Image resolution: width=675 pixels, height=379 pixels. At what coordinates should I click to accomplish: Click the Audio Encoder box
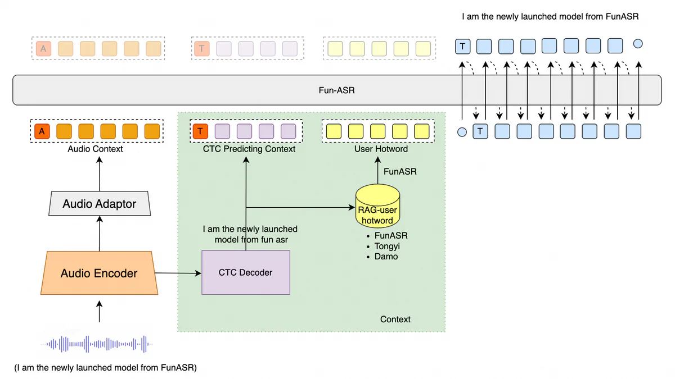pyautogui.click(x=99, y=273)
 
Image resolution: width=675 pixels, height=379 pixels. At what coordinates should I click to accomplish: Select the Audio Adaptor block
pyautogui.click(x=100, y=203)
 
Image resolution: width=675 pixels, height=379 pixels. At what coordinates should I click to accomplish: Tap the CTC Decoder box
pyautogui.click(x=245, y=272)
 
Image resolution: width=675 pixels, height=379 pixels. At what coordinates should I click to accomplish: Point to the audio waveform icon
pyautogui.click(x=99, y=344)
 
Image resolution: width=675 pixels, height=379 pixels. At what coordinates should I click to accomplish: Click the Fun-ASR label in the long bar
pyautogui.click(x=336, y=90)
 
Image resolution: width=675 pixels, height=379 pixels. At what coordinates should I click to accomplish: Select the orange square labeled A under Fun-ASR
pyautogui.click(x=41, y=131)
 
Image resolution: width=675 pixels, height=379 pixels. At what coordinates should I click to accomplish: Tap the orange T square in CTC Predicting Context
pyautogui.click(x=200, y=131)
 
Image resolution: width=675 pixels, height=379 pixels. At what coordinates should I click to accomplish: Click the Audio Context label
pyautogui.click(x=95, y=149)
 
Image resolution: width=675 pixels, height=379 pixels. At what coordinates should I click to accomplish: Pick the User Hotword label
pyautogui.click(x=381, y=149)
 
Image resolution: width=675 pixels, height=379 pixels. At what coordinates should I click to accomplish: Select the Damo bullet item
pyautogui.click(x=386, y=256)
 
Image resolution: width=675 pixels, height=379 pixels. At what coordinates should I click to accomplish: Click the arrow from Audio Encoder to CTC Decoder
pyautogui.click(x=178, y=273)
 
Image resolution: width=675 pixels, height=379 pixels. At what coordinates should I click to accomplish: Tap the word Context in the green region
pyautogui.click(x=395, y=319)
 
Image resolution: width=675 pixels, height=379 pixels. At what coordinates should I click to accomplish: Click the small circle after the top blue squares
pyautogui.click(x=638, y=44)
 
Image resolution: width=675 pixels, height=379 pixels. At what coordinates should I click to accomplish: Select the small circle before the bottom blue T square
pyautogui.click(x=462, y=133)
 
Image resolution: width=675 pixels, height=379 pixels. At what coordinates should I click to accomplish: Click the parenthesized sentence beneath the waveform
pyautogui.click(x=106, y=368)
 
